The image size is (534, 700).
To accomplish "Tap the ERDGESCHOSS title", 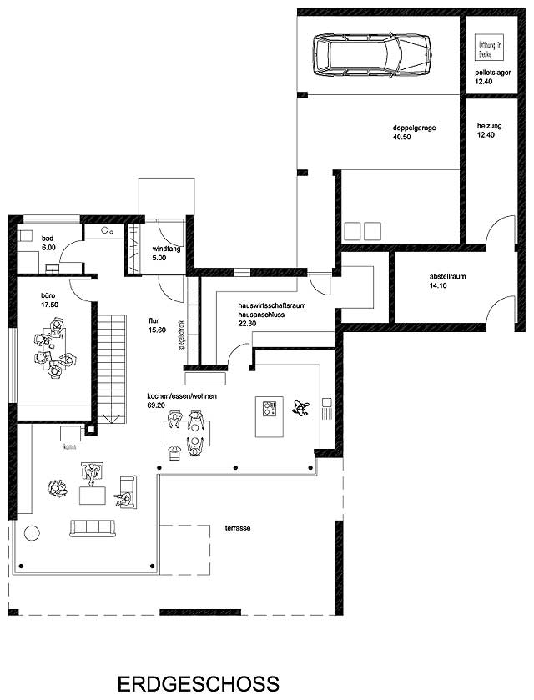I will [x=199, y=683].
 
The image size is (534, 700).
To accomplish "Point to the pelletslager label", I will [x=490, y=73].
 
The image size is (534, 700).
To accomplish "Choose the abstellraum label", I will [x=423, y=277].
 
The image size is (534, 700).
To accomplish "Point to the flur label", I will [x=154, y=319].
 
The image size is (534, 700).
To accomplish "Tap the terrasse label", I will [x=239, y=528].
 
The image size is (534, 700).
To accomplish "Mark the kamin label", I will [x=69, y=446].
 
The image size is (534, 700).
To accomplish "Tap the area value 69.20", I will [x=156, y=405].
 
